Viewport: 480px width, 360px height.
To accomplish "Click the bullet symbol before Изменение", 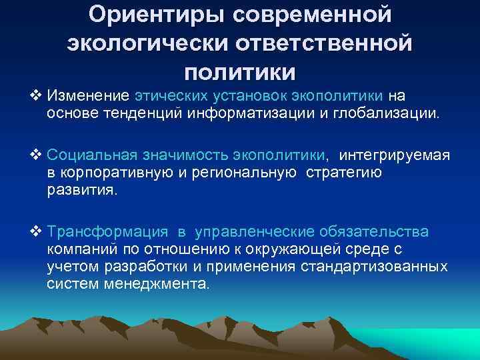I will pos(36,98).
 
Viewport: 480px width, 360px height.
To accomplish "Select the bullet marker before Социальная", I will pos(36,156).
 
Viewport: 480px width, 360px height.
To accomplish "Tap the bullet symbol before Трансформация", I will pos(36,231).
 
